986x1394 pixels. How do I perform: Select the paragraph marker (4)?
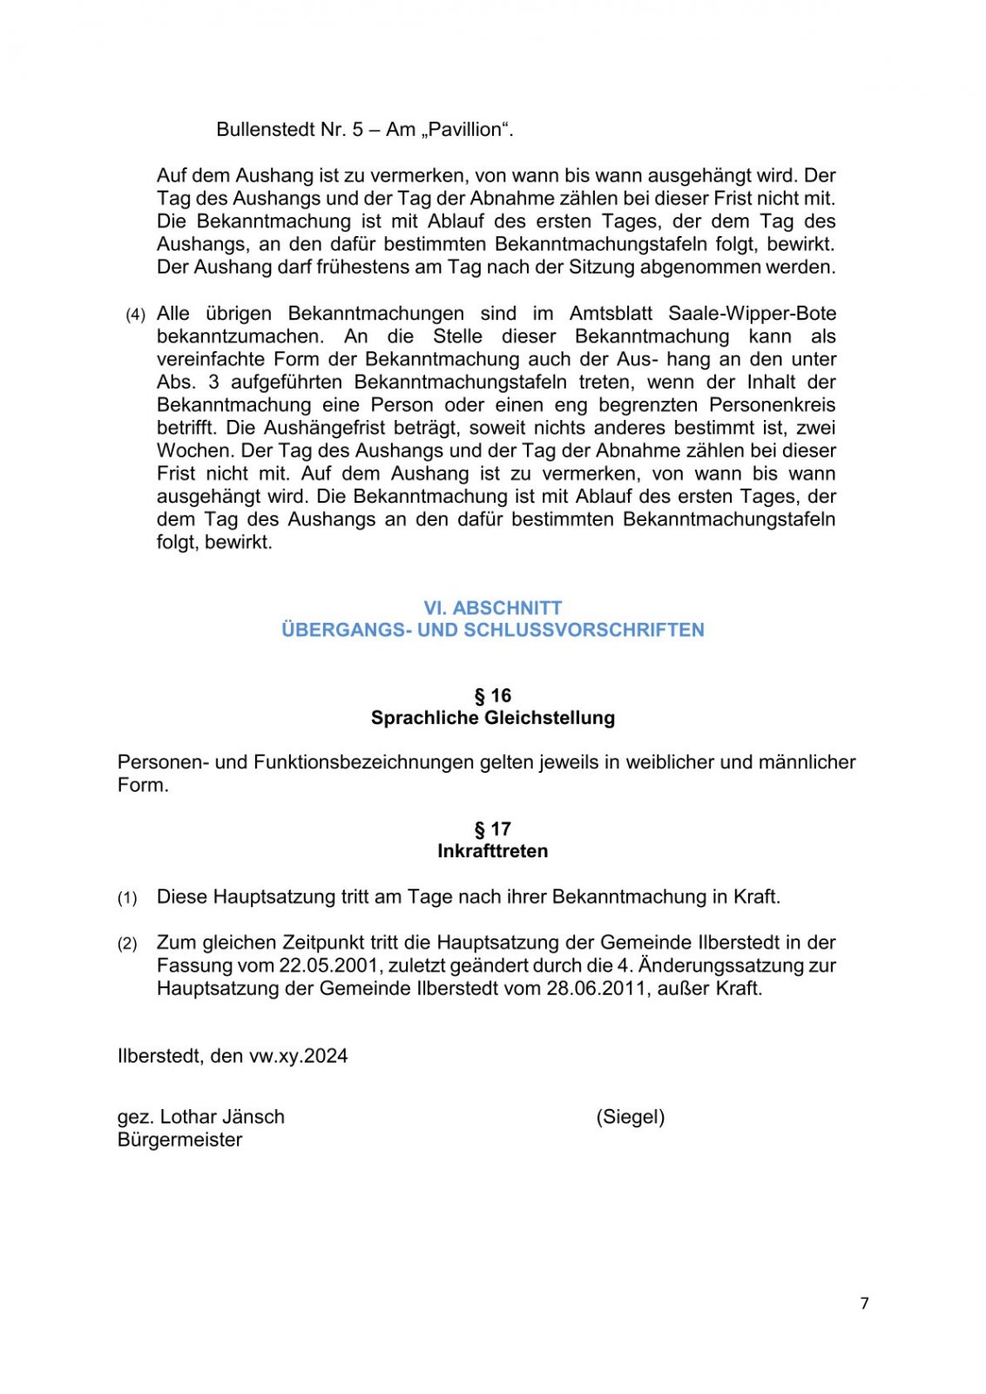[x=135, y=315]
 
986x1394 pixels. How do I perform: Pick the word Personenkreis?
[x=772, y=405]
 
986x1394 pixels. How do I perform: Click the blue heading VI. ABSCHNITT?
[x=493, y=608]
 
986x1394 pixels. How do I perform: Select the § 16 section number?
[x=493, y=695]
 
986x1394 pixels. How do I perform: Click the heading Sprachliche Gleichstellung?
[x=493, y=718]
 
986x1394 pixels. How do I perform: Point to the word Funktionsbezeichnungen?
[x=363, y=762]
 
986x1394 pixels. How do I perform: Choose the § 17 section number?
[x=493, y=829]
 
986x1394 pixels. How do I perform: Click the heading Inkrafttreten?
[x=493, y=851]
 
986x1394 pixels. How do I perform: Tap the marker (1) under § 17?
[x=127, y=898]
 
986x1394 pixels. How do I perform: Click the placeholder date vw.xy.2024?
[x=298, y=1056]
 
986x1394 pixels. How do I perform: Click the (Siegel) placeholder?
[x=631, y=1117]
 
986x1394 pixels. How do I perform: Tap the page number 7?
[x=864, y=1303]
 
